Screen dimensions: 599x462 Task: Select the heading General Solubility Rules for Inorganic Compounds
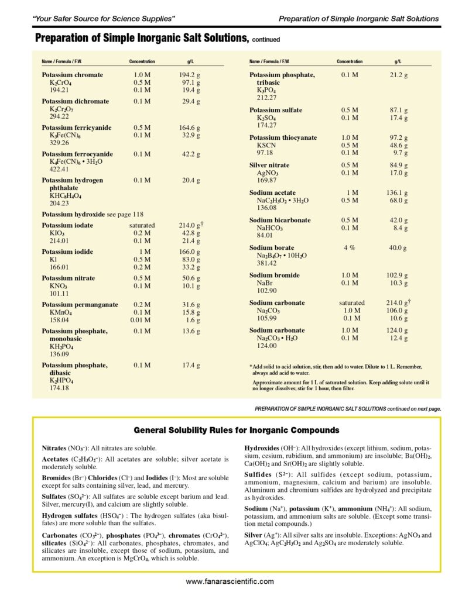click(x=237, y=430)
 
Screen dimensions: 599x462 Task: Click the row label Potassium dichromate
click(x=75, y=101)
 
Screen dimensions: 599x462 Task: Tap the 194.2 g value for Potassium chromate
click(x=189, y=75)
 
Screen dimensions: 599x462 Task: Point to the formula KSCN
click(x=266, y=145)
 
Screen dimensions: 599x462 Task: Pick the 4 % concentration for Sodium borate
click(x=350, y=247)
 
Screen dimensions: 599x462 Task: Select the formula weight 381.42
click(x=267, y=263)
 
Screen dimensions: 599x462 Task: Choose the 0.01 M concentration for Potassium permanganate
click(x=141, y=321)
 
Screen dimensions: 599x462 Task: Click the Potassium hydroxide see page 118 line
click(x=93, y=214)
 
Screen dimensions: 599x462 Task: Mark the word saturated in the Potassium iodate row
click(x=142, y=225)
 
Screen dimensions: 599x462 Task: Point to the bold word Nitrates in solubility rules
click(x=54, y=447)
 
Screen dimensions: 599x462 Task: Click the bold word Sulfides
click(x=258, y=474)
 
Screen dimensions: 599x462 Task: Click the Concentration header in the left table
click(x=142, y=61)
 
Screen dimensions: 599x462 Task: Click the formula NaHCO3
click(x=271, y=228)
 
